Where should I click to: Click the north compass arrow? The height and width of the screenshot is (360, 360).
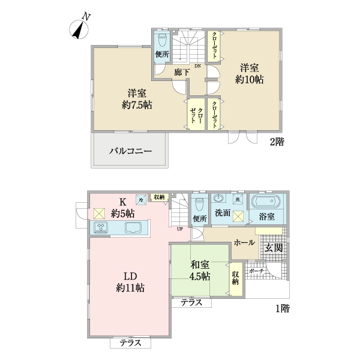pos(77,29)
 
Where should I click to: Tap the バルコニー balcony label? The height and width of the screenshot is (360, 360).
pos(130,151)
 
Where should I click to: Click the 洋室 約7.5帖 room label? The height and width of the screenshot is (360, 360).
pos(137,99)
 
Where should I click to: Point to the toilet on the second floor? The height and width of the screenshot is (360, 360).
pos(161,43)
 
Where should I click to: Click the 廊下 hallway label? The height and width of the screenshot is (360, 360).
pos(182,72)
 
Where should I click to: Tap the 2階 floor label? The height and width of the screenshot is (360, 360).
pos(277,142)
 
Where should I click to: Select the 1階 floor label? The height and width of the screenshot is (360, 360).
pos(283,309)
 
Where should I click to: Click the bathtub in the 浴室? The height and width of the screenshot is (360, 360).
pos(265,202)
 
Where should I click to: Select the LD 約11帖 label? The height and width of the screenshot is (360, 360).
pos(130,281)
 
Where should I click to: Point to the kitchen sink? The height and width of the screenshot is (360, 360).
pos(133,228)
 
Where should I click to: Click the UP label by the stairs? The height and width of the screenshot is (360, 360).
pos(179,229)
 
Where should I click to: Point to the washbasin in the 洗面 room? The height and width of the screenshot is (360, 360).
pos(218,199)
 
